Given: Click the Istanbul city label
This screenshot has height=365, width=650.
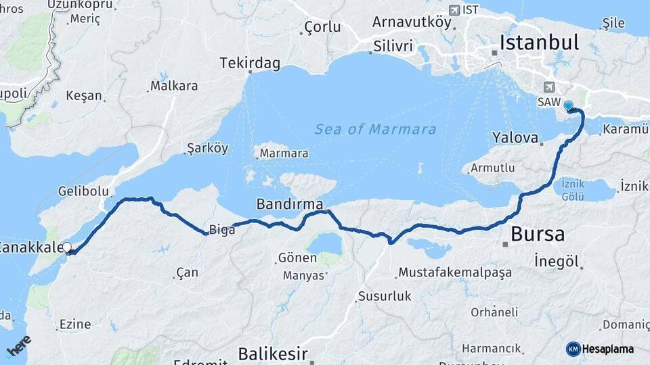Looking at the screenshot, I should pyautogui.click(x=539, y=43).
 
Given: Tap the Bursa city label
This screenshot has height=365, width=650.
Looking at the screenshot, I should pyautogui.click(x=538, y=235).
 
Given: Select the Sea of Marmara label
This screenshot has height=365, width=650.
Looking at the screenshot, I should pyautogui.click(x=375, y=130).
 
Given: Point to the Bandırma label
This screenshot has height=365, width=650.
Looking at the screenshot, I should pyautogui.click(x=289, y=203).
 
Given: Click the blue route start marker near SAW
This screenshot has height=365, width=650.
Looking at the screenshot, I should pyautogui.click(x=568, y=105).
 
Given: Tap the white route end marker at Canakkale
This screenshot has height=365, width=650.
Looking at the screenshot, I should pyautogui.click(x=67, y=248).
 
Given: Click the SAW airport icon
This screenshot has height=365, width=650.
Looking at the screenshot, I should pyautogui.click(x=548, y=87).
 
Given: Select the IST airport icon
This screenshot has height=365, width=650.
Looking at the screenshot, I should pyautogui.click(x=453, y=10).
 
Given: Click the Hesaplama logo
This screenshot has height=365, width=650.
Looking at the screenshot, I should pyautogui.click(x=601, y=349).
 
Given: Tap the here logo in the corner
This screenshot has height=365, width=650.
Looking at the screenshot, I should pyautogui.click(x=18, y=345).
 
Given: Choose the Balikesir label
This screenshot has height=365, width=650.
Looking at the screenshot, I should pyautogui.click(x=273, y=354).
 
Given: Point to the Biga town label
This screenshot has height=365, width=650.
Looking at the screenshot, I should pyautogui.click(x=222, y=230).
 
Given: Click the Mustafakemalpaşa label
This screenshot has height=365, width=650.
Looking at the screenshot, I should pyautogui.click(x=455, y=272).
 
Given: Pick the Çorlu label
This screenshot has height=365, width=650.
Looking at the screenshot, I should pyautogui.click(x=322, y=28).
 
